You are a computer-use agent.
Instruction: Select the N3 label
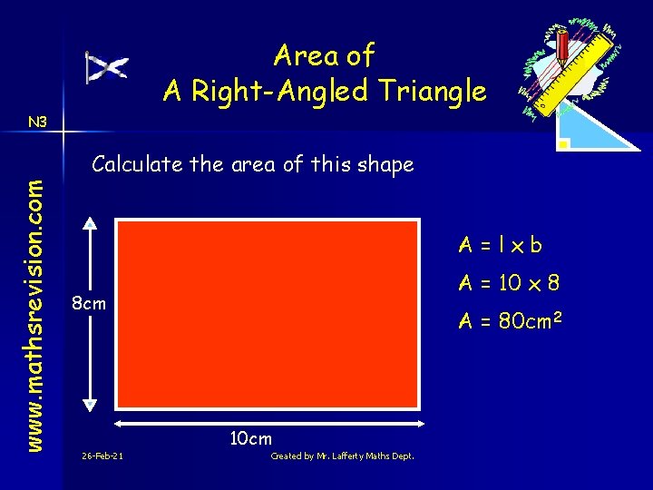tap(38, 122)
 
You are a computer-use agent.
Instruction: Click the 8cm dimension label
tap(89, 303)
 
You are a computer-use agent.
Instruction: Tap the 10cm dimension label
tap(250, 438)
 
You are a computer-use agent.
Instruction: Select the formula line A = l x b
tap(500, 244)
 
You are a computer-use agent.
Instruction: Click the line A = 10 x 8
tap(508, 283)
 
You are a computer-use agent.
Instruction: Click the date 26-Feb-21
tap(102, 456)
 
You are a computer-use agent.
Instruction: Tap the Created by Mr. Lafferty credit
tap(342, 456)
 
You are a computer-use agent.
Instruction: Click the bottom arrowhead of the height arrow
tap(89, 407)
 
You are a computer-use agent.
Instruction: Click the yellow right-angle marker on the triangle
tap(564, 143)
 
